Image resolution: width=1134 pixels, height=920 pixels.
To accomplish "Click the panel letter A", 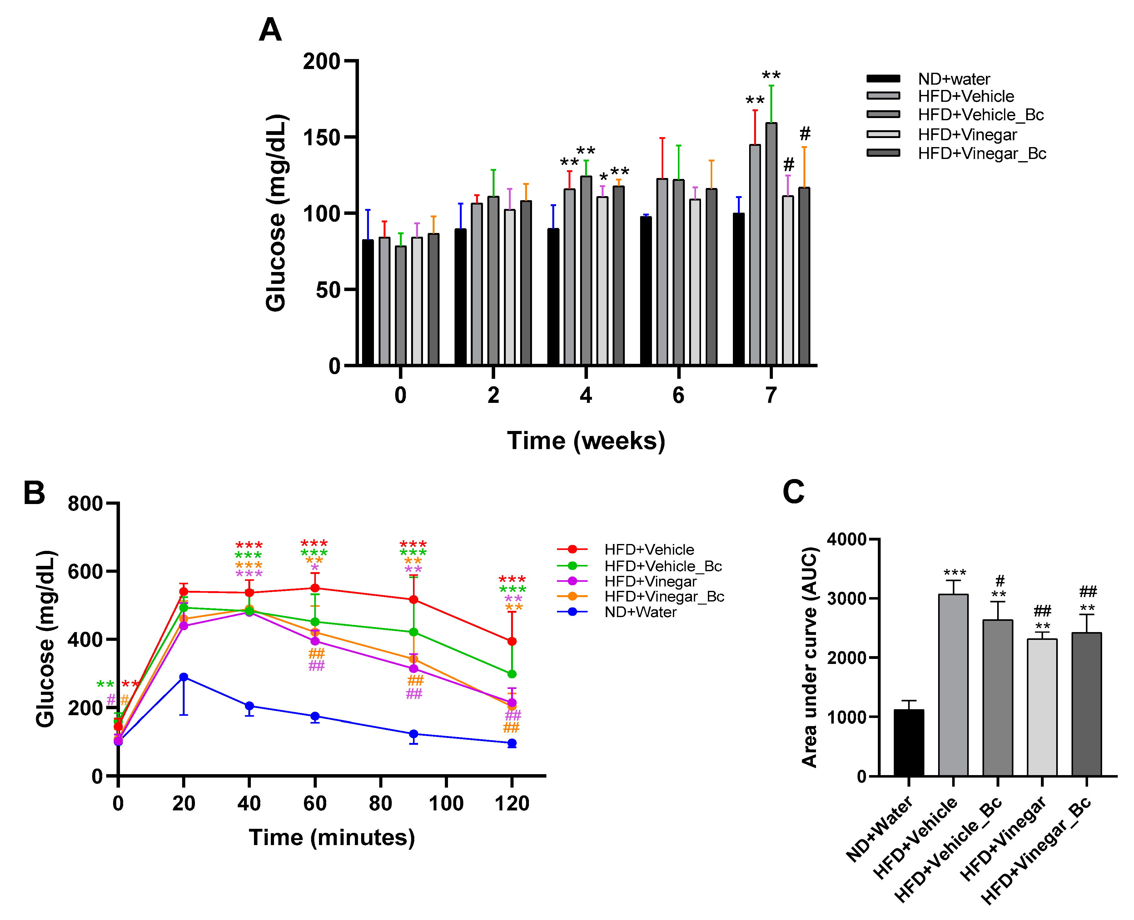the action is (270, 30).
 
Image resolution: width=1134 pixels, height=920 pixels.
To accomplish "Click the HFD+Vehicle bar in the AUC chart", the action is (953, 685).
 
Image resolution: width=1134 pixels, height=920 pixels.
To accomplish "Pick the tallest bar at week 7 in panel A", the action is (771, 244).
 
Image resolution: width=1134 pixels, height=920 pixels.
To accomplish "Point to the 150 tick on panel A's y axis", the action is (321, 137).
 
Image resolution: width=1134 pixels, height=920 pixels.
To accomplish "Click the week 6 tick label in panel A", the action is (678, 395).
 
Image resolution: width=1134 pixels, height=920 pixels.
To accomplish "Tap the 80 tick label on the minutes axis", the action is (380, 804).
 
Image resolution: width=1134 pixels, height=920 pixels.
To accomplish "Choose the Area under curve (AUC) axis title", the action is (809, 657).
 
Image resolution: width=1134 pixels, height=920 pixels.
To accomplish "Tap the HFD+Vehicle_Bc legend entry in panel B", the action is (640, 566).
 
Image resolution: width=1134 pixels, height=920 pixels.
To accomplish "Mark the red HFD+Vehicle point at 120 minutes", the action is (512, 641).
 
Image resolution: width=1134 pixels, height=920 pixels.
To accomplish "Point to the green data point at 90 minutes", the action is (414, 632).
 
